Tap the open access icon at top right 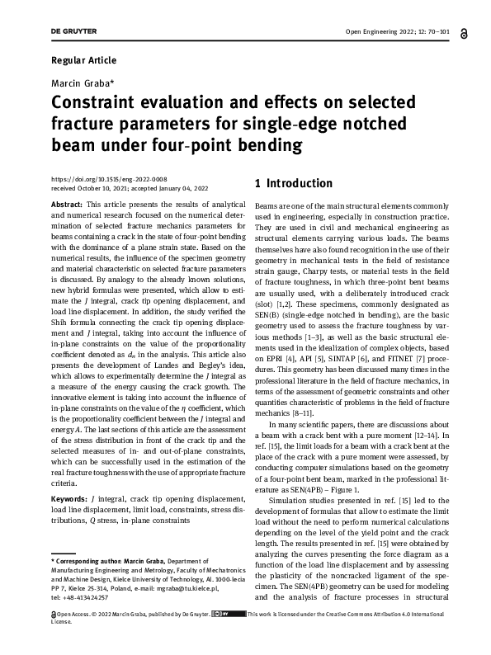click(x=466, y=31)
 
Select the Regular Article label click(x=83, y=60)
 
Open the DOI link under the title click(x=109, y=179)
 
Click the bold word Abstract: click(x=66, y=204)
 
